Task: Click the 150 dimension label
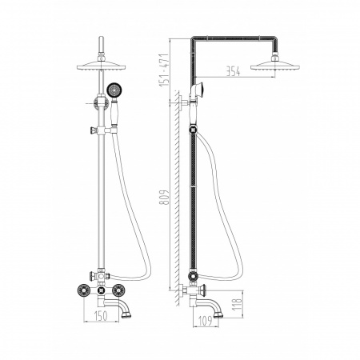click(101, 316)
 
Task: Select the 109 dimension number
click(206, 321)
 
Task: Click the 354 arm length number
click(233, 71)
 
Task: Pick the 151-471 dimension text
click(164, 70)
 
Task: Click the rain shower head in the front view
click(101, 66)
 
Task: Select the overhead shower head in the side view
click(275, 66)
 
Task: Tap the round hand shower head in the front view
click(114, 90)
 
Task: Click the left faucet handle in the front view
click(83, 290)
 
